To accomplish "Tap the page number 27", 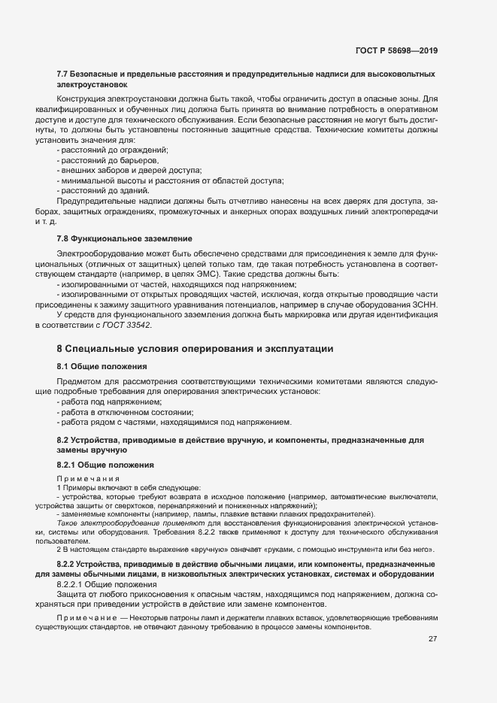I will [x=432, y=640].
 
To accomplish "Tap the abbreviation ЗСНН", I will [x=421, y=305].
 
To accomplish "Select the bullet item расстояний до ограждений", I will [x=113, y=150].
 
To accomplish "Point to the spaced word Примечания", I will [x=82, y=479].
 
